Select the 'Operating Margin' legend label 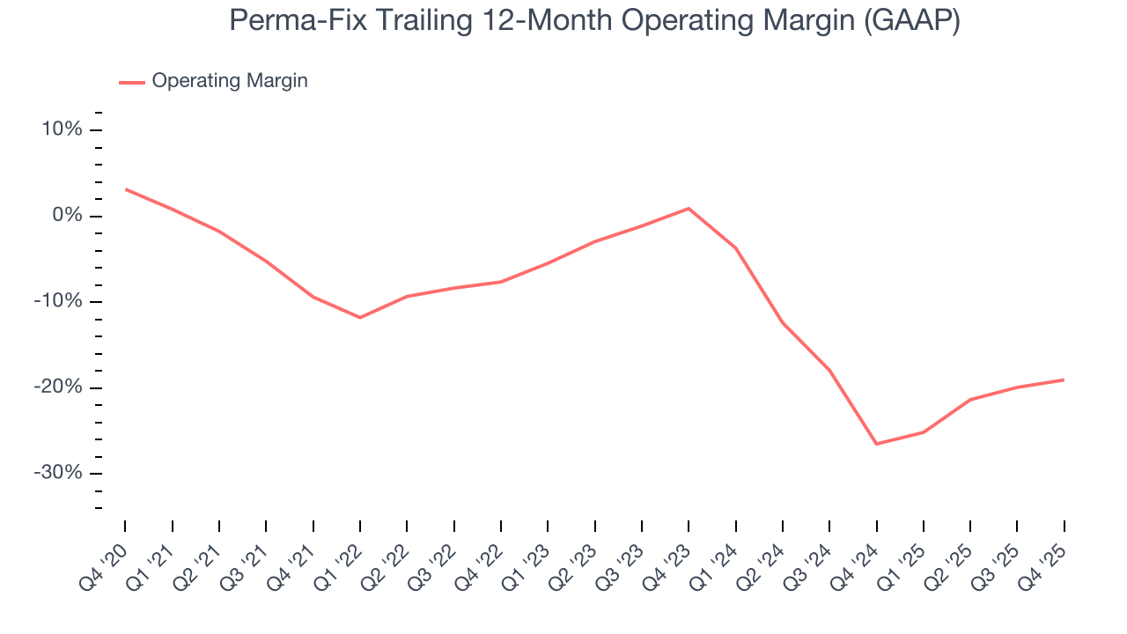(229, 81)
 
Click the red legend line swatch (132, 82)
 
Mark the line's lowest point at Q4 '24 (876, 444)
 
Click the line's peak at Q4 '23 (689, 209)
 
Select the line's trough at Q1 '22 (360, 317)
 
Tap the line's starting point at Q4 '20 (125, 189)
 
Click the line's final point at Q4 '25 (1064, 380)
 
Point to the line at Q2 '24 (783, 322)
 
